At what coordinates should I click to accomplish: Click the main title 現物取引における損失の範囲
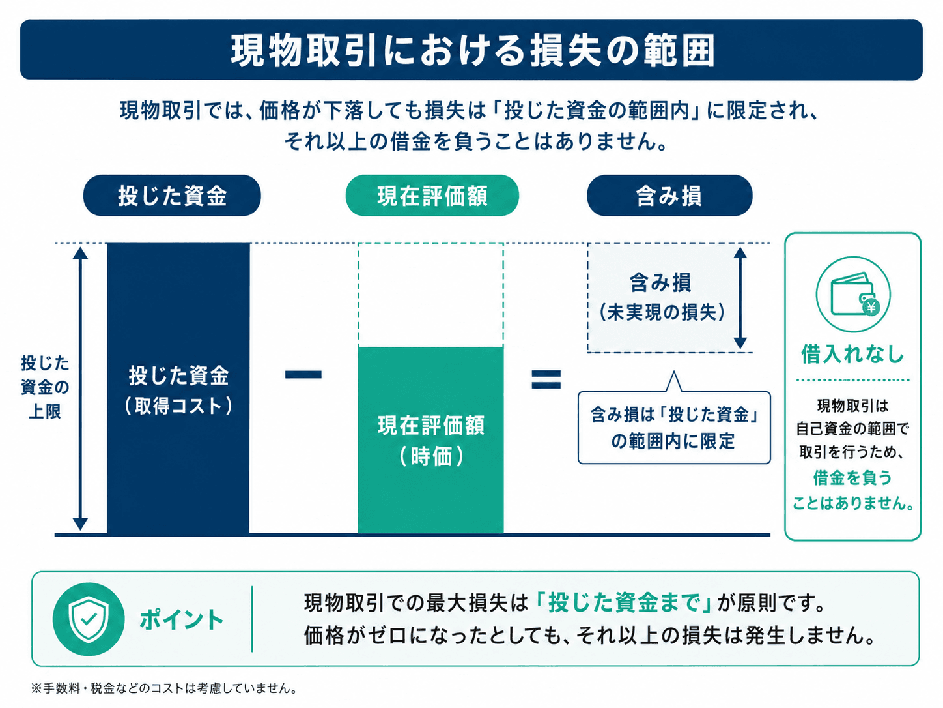click(x=473, y=50)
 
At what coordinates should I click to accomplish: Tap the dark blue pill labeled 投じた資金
click(x=172, y=196)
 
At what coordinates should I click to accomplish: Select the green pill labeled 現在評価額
click(x=432, y=196)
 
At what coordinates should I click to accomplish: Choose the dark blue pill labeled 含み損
click(x=669, y=196)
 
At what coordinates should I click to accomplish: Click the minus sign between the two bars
click(x=303, y=374)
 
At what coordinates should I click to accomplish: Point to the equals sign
click(x=546, y=379)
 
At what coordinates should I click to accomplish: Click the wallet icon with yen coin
click(x=853, y=294)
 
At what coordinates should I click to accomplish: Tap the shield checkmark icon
click(x=89, y=619)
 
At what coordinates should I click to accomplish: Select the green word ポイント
click(x=181, y=620)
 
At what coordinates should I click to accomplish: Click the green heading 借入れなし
click(x=852, y=354)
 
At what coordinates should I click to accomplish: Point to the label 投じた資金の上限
click(x=45, y=387)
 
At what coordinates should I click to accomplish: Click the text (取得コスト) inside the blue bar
click(x=178, y=406)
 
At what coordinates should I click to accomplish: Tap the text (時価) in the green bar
click(x=431, y=456)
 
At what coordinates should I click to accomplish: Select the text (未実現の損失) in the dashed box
click(x=662, y=312)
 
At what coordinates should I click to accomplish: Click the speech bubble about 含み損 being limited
click(x=674, y=427)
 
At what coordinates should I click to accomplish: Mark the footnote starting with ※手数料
click(x=164, y=688)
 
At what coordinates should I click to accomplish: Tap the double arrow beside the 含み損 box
click(x=740, y=298)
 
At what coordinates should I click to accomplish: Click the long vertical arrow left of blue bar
click(x=80, y=389)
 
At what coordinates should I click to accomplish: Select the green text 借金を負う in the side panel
click(x=852, y=478)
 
